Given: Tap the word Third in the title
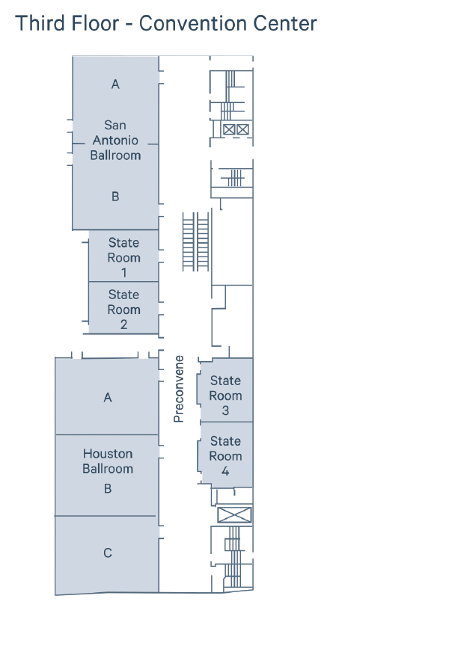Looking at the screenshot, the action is (40, 23).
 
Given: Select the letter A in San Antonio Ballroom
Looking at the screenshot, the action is (115, 84).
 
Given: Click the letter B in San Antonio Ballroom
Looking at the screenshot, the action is (115, 197).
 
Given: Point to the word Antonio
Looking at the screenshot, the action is (115, 141).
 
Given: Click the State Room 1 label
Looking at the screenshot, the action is (123, 257).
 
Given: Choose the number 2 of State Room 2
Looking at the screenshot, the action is (123, 324).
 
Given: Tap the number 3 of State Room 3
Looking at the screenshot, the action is (225, 410).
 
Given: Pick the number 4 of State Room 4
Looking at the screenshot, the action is (225, 471).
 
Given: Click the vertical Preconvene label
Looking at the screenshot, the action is (179, 389).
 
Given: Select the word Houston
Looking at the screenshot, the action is (108, 454).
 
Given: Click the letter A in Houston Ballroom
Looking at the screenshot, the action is (108, 398).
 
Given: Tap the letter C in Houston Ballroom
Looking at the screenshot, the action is (108, 553).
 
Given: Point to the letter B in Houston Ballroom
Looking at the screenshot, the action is (108, 489).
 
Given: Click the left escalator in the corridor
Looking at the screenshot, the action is (189, 242).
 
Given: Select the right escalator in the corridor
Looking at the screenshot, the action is (203, 242).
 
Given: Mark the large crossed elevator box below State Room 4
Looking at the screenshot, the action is (234, 515).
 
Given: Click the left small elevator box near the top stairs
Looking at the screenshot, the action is (229, 130).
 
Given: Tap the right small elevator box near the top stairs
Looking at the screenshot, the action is (243, 130).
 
